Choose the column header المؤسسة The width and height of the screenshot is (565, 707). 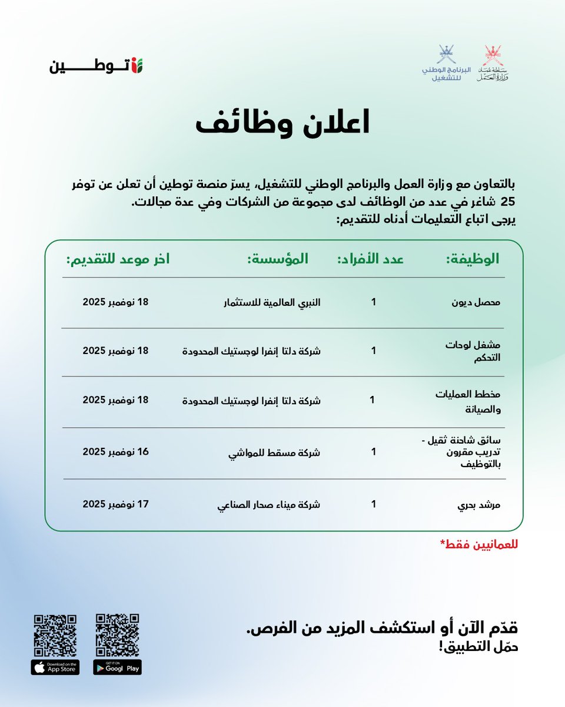click(277, 259)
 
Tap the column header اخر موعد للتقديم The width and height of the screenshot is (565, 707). click(118, 259)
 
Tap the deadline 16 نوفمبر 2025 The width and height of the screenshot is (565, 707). click(116, 452)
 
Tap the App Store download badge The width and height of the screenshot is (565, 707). click(55, 667)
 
